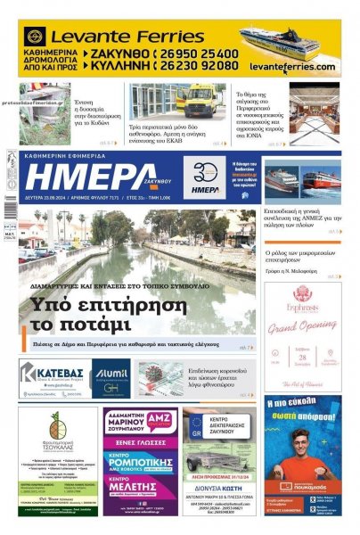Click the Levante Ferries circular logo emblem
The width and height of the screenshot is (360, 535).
tap(35, 37)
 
